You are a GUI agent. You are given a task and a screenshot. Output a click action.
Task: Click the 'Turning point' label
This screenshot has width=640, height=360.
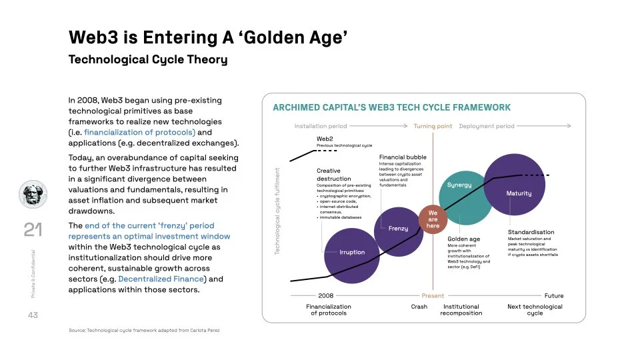coord(433,126)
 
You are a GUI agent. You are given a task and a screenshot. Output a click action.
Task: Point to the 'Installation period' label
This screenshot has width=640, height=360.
coord(321,126)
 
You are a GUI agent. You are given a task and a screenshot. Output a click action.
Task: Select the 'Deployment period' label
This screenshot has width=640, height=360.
coord(487,126)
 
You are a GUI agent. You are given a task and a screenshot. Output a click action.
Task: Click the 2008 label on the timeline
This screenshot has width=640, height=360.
coord(326,295)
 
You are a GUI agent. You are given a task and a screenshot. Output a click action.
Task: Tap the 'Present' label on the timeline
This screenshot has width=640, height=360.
coord(433,295)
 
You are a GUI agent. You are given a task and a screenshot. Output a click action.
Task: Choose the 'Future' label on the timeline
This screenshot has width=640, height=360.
coord(553,295)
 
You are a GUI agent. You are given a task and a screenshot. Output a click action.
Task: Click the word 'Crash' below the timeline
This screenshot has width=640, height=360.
coord(419,307)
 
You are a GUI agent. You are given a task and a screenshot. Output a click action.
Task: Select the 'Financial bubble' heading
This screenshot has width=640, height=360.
coord(402,157)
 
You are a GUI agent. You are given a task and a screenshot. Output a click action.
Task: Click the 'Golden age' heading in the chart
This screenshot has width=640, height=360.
coord(463,239)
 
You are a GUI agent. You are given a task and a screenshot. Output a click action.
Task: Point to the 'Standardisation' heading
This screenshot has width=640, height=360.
coord(531,232)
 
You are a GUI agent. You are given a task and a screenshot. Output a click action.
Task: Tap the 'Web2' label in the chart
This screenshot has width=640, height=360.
coord(324,139)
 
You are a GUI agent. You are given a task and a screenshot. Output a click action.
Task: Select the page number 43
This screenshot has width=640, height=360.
coord(33,315)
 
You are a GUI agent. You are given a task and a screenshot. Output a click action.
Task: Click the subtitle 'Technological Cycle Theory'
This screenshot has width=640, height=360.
coord(148,60)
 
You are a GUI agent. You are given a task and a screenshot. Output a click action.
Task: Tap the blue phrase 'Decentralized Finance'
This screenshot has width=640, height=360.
coord(161,279)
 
